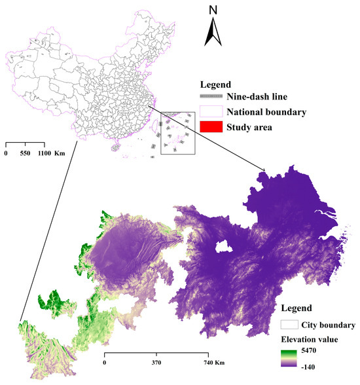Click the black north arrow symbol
click(214, 33)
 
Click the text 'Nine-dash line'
click(262, 97)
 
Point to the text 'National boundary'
click(270, 111)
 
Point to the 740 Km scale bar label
click(214, 362)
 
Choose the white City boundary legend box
click(289, 324)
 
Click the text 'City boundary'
click(329, 324)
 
